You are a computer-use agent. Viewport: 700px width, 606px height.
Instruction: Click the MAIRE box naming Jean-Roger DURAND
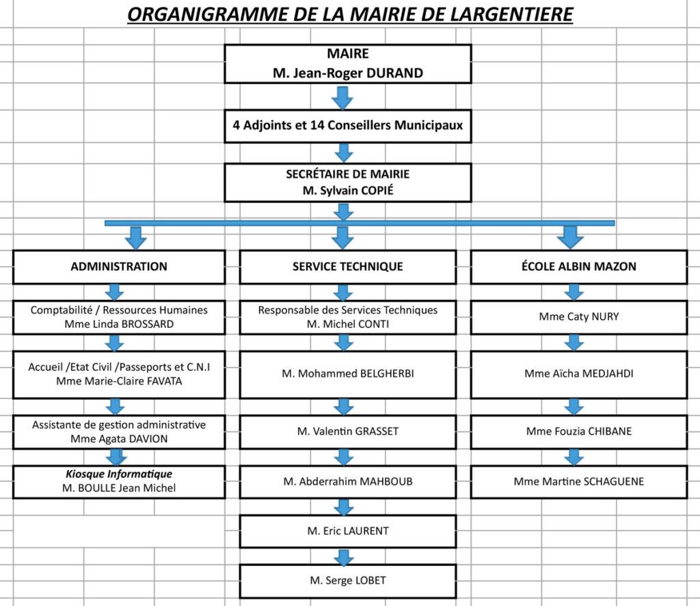[348, 64]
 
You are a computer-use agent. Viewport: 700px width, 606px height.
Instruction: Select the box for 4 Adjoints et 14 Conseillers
[348, 126]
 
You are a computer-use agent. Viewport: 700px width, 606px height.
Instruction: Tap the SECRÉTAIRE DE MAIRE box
[348, 182]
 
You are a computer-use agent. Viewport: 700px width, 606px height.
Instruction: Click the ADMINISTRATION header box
[119, 267]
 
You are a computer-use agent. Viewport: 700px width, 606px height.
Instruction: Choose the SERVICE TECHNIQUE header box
[348, 267]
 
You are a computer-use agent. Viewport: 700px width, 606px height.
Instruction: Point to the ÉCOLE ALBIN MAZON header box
[579, 267]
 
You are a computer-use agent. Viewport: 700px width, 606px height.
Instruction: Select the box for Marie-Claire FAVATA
[119, 374]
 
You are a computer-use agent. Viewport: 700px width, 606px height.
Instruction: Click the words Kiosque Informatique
[119, 474]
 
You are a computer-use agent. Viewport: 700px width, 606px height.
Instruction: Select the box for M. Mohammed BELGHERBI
[348, 374]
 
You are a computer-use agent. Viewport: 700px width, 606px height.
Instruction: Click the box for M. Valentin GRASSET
[348, 432]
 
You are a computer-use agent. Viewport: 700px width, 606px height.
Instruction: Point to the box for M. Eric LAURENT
[348, 532]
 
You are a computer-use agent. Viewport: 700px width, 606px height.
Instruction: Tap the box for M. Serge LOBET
[348, 581]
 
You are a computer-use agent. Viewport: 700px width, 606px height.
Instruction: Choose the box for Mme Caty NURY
[579, 317]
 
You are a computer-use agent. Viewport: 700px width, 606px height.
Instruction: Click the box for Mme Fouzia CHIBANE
[579, 432]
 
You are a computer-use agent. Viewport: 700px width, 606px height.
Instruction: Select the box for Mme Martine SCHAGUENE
[579, 482]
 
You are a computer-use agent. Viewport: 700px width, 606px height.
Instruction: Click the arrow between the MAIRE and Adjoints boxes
[342, 98]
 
